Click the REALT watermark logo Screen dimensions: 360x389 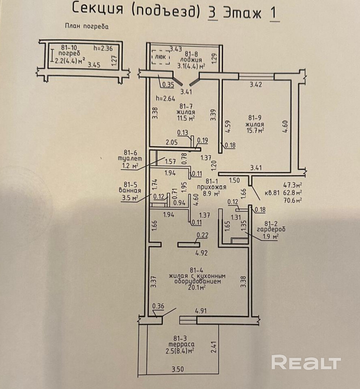pyautogui.click(x=306, y=363)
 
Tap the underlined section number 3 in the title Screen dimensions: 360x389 pyautogui.click(x=212, y=12)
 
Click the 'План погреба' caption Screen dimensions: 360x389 pyautogui.click(x=87, y=26)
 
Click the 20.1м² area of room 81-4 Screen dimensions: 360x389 pyautogui.click(x=197, y=288)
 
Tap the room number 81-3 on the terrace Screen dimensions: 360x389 pyautogui.click(x=181, y=338)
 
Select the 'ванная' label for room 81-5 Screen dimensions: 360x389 pyautogui.click(x=130, y=191)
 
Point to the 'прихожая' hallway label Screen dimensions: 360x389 pyautogui.click(x=212, y=187)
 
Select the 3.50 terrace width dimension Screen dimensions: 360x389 pyautogui.click(x=178, y=369)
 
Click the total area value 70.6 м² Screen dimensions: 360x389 pyautogui.click(x=292, y=200)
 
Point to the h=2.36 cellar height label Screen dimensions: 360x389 pyautogui.click(x=103, y=48)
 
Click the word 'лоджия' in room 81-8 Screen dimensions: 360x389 pyautogui.click(x=191, y=60)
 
